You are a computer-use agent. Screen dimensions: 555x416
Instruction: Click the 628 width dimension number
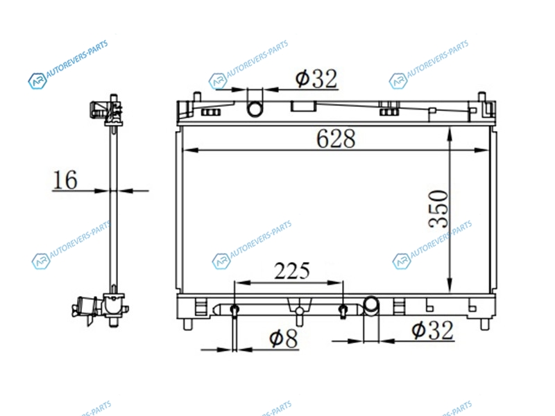point(336,139)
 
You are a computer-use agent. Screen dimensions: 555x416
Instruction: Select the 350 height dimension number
point(438,209)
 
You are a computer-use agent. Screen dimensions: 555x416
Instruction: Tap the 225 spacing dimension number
point(292,271)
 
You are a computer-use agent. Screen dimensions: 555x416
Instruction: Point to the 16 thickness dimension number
point(65,180)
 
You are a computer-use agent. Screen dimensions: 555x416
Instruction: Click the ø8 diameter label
point(284,338)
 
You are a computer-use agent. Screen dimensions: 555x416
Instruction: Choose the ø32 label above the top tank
point(316,78)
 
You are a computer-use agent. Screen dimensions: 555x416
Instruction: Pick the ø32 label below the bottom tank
point(432,331)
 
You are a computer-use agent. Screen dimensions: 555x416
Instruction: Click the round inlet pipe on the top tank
point(255,109)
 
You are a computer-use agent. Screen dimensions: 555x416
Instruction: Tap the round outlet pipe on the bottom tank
point(371,304)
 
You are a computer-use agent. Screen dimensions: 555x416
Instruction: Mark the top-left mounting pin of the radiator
point(197,96)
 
